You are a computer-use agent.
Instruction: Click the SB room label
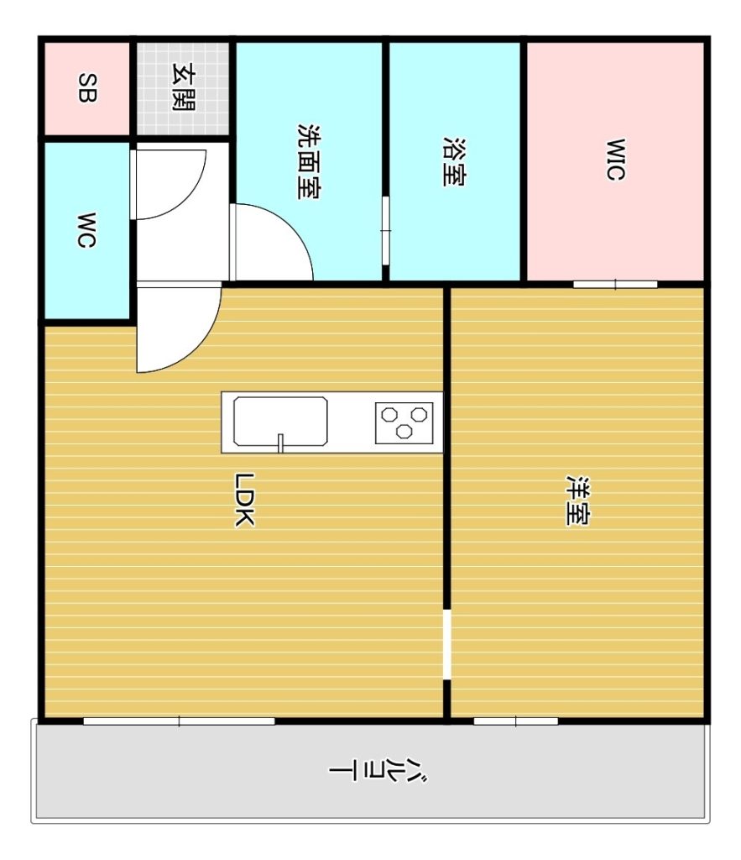coord(87,88)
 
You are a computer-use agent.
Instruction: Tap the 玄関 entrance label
coord(183,87)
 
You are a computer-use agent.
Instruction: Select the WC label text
coord(86,230)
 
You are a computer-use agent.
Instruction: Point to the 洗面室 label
coord(309,161)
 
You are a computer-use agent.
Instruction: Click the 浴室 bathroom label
coord(454,161)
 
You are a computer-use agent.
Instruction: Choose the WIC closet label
coord(615,160)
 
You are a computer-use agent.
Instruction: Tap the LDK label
coord(244,500)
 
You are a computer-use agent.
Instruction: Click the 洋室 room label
coord(577,501)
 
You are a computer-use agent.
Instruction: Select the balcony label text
coord(378,771)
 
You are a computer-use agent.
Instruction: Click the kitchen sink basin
coord(280,422)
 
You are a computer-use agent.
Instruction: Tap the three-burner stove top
coord(404,423)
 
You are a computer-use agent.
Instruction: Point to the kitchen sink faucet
coord(280,443)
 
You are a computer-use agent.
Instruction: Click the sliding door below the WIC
coord(615,284)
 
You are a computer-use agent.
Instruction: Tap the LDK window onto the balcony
coord(180,721)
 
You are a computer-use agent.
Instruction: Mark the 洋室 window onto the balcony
coord(516,721)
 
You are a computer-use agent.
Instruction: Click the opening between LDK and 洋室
coord(447,644)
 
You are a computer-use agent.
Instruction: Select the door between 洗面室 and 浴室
coord(386,231)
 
